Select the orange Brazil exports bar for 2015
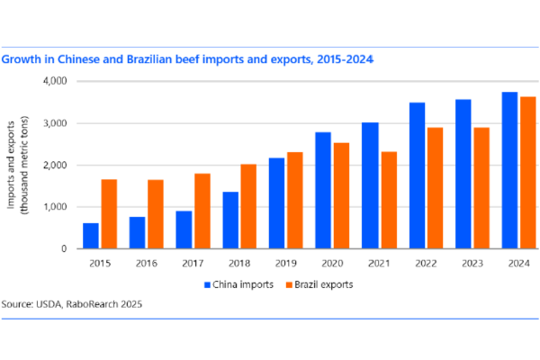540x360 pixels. (109, 214)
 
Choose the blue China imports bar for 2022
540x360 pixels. (416, 175)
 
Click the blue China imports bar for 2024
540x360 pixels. (509, 171)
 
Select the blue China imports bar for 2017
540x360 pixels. (184, 229)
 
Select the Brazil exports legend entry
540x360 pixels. (320, 283)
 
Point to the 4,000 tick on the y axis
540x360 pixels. (58, 81)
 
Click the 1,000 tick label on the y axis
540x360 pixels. (58, 207)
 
